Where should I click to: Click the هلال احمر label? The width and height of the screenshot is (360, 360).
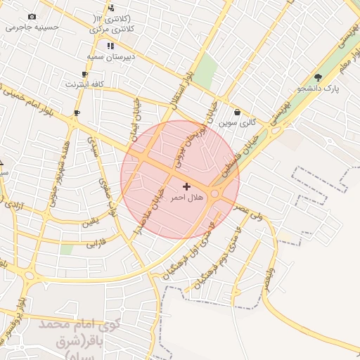186,198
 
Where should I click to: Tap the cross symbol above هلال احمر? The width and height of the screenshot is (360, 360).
186,186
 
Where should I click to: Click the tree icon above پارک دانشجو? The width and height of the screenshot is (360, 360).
318,77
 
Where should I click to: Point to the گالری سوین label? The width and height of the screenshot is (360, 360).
237,122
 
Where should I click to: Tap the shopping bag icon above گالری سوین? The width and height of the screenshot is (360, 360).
237,112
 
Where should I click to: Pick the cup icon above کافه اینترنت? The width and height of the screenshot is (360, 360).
85,74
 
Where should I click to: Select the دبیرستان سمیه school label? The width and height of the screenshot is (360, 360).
110,56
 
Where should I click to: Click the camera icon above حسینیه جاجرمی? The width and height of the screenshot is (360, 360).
32,17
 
